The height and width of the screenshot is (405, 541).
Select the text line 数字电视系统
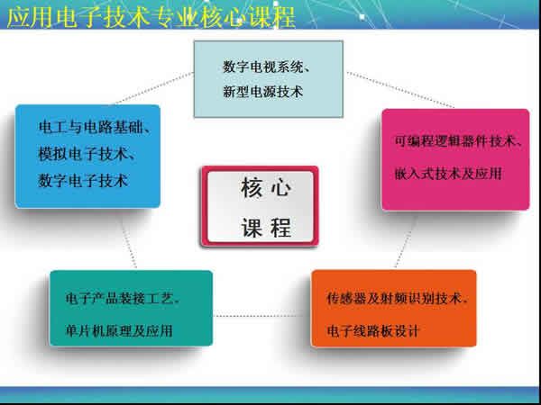(268, 67)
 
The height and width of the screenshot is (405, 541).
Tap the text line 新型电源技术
(262, 91)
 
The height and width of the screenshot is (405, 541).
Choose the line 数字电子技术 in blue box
(83, 181)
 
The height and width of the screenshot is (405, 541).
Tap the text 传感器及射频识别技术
(397, 298)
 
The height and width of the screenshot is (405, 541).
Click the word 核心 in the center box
(265, 189)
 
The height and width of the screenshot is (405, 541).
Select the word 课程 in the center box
(265, 227)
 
